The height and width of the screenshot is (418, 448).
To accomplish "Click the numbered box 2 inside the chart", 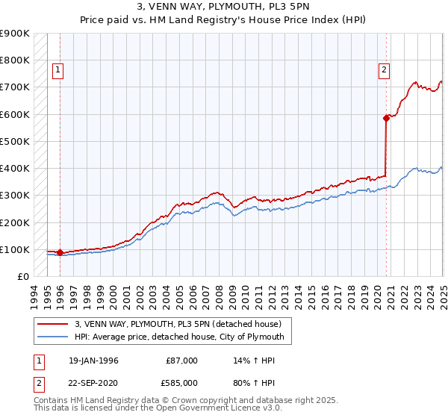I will tap(384, 71).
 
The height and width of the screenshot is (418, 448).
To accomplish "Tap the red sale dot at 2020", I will tap(386, 118).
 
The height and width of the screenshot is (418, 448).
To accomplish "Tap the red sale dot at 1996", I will tap(59, 252).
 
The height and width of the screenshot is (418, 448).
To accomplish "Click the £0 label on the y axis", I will tap(23, 276).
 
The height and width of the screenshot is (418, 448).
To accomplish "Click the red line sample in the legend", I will tap(53, 324).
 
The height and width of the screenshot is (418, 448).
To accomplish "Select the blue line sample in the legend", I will tap(53, 337).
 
